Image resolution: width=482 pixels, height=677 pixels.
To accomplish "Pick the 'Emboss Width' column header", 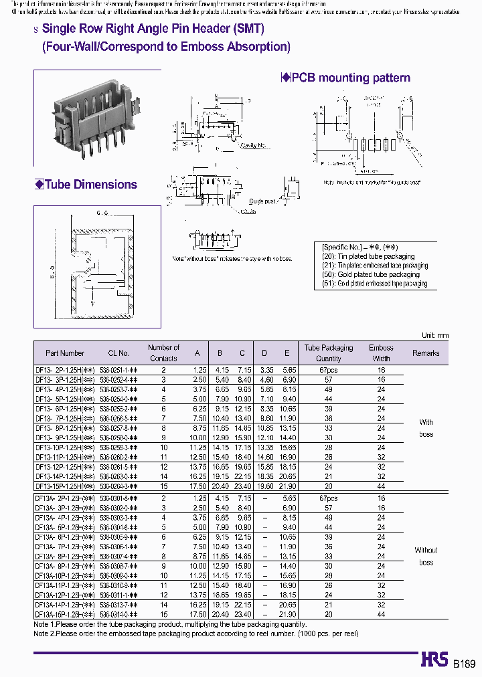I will click(381, 353).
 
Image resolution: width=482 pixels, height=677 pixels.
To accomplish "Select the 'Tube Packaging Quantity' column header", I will click(328, 353).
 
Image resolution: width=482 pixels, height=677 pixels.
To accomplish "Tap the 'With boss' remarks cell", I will click(426, 428).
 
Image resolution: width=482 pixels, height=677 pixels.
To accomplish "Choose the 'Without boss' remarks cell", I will click(426, 556).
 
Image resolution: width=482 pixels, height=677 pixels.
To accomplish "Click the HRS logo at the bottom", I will click(433, 660).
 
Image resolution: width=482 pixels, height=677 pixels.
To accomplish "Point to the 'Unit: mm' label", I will click(434, 335).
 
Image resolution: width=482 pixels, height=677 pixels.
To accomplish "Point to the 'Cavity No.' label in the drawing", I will click(254, 145).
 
